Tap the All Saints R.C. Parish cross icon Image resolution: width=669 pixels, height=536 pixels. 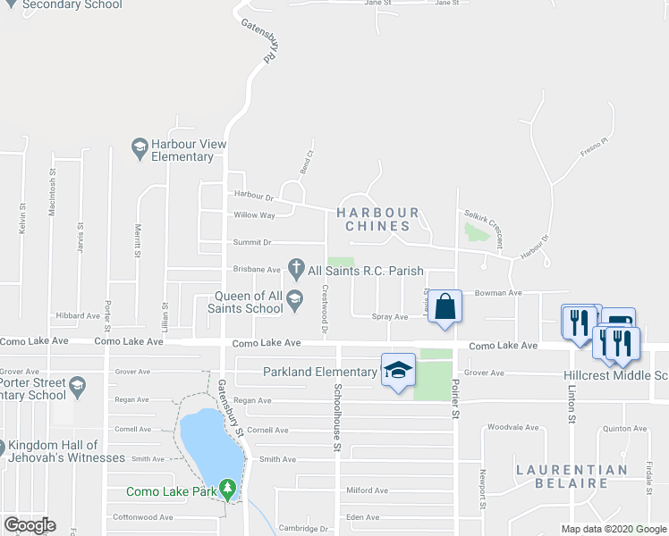295,268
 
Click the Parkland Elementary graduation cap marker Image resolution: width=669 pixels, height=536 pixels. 398,369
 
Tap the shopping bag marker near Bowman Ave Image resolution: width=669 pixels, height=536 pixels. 445,306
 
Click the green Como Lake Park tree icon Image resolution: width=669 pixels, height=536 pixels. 229,490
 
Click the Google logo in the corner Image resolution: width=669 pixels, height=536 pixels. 30,525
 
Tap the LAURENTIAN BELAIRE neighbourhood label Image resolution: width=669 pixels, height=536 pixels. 572,477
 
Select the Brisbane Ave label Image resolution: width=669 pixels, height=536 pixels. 257,269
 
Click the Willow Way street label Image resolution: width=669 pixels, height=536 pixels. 254,215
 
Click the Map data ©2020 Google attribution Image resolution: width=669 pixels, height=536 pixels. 613,529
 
